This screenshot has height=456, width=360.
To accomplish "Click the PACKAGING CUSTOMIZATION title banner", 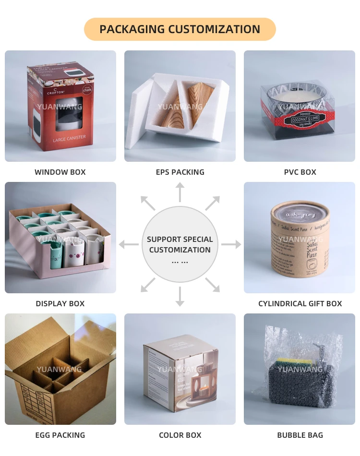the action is click(x=180, y=29).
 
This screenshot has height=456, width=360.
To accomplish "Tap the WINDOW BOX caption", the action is click(x=60, y=172).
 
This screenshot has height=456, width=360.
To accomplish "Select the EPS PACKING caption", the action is click(x=180, y=172).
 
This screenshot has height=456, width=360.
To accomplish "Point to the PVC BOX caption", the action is click(x=300, y=172).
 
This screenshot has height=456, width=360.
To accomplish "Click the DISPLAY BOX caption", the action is click(x=60, y=303).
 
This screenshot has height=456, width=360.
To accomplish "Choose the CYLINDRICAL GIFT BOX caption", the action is click(x=300, y=303).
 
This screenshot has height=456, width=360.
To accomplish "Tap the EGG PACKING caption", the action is click(x=60, y=435).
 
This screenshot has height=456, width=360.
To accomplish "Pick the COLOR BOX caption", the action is click(x=180, y=435).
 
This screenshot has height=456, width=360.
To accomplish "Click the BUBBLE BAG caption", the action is click(x=300, y=435).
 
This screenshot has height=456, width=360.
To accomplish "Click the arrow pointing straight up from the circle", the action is click(x=180, y=192).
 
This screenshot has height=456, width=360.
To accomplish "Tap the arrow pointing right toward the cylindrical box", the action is click(x=231, y=245).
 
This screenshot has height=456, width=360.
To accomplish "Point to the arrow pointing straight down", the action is click(x=180, y=297).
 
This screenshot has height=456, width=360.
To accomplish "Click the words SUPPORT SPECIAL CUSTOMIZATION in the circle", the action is click(x=180, y=244).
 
